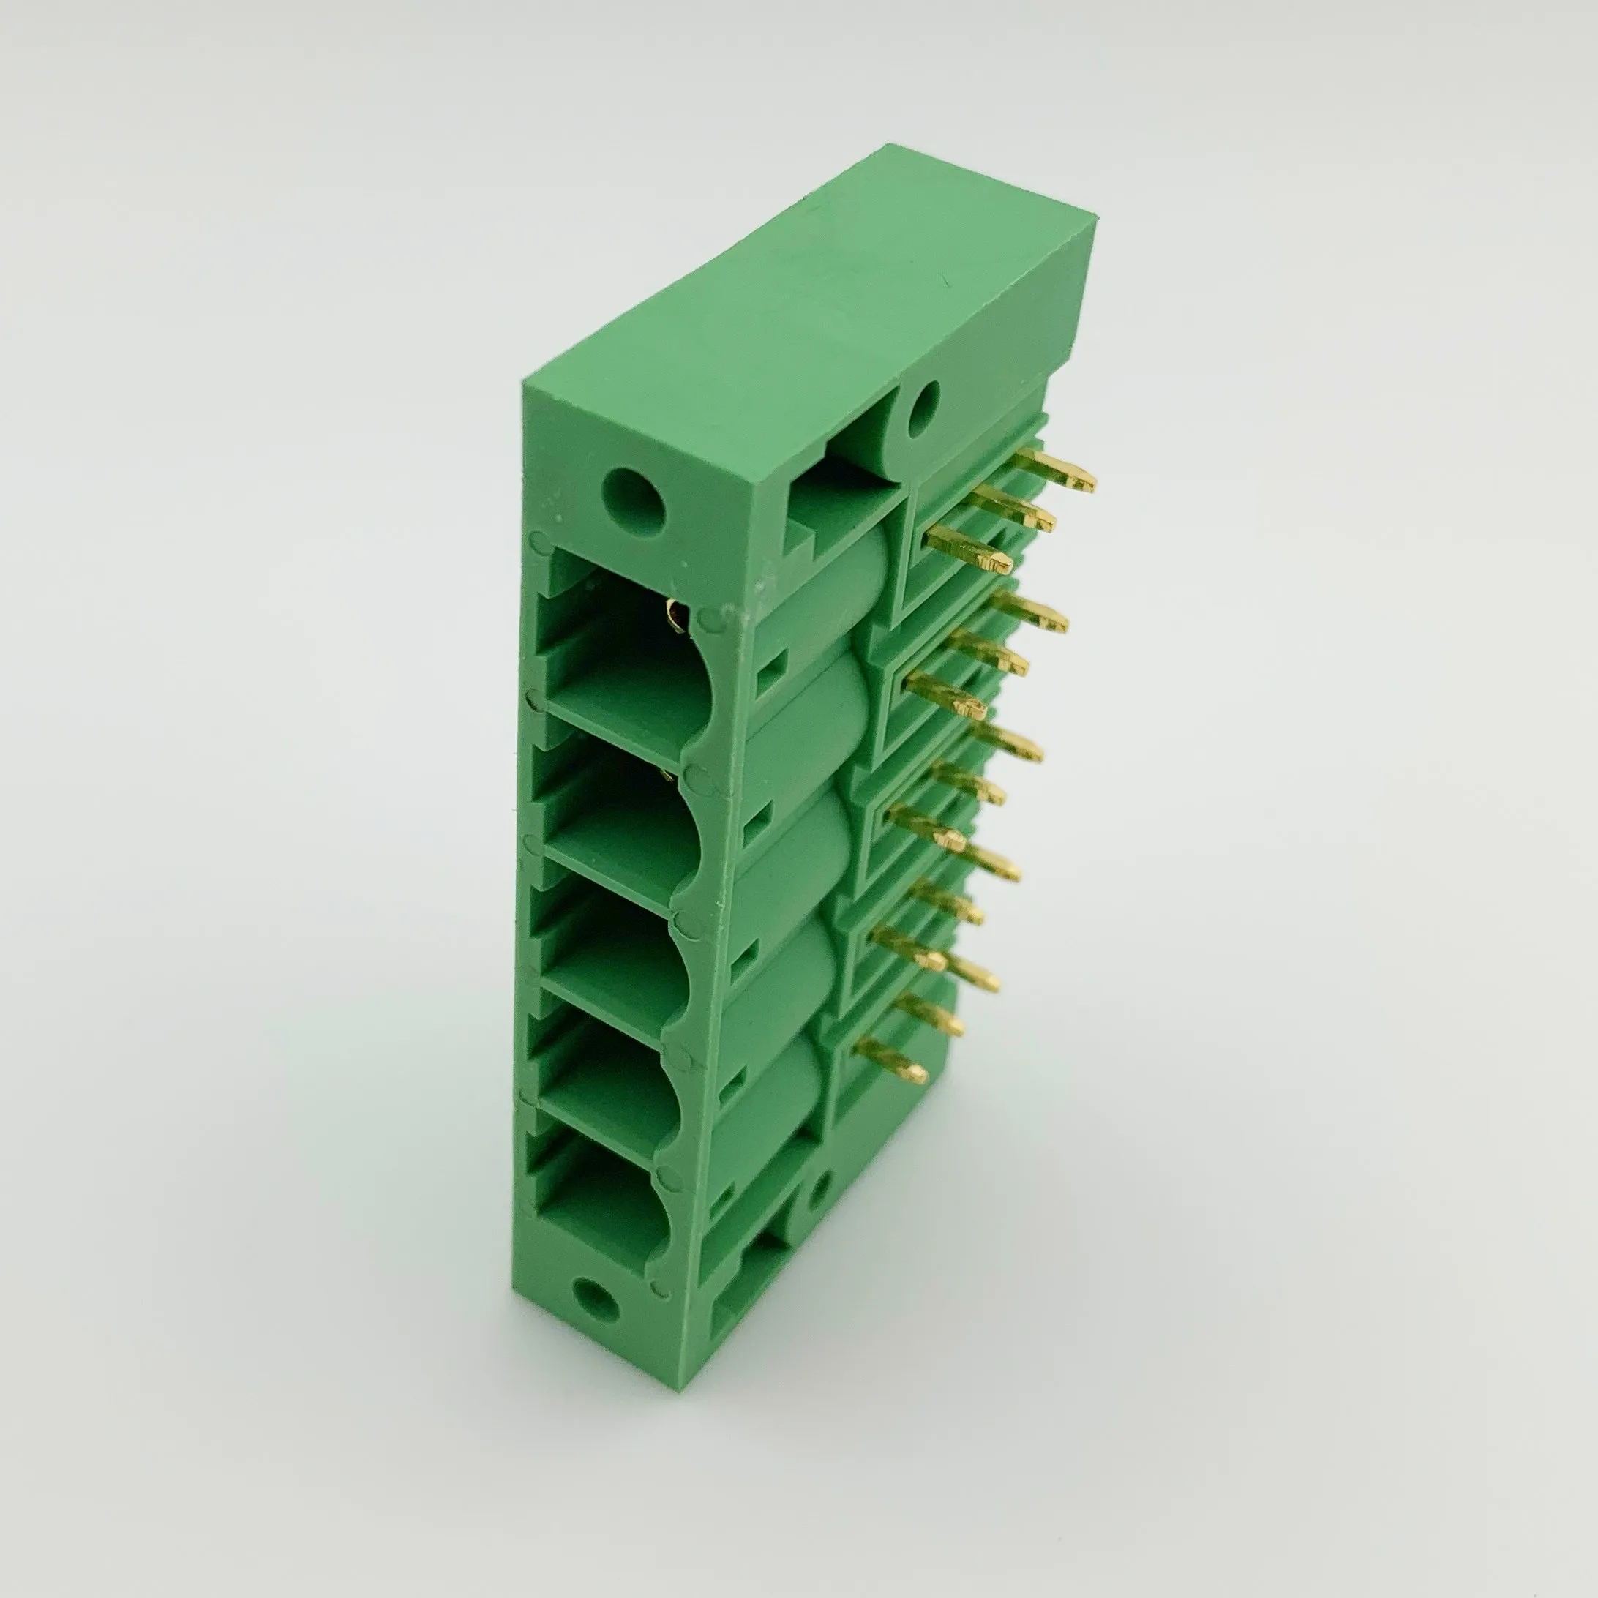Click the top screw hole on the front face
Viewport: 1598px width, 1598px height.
(x=634, y=501)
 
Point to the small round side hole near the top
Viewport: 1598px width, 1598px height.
(x=924, y=408)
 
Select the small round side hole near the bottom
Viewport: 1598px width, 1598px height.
(x=819, y=1191)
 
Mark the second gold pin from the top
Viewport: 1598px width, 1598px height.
(x=1016, y=507)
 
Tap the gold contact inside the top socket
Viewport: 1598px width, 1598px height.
(x=675, y=616)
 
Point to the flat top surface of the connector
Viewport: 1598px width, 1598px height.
(x=811, y=306)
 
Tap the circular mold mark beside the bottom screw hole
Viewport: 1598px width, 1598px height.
(x=661, y=1288)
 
